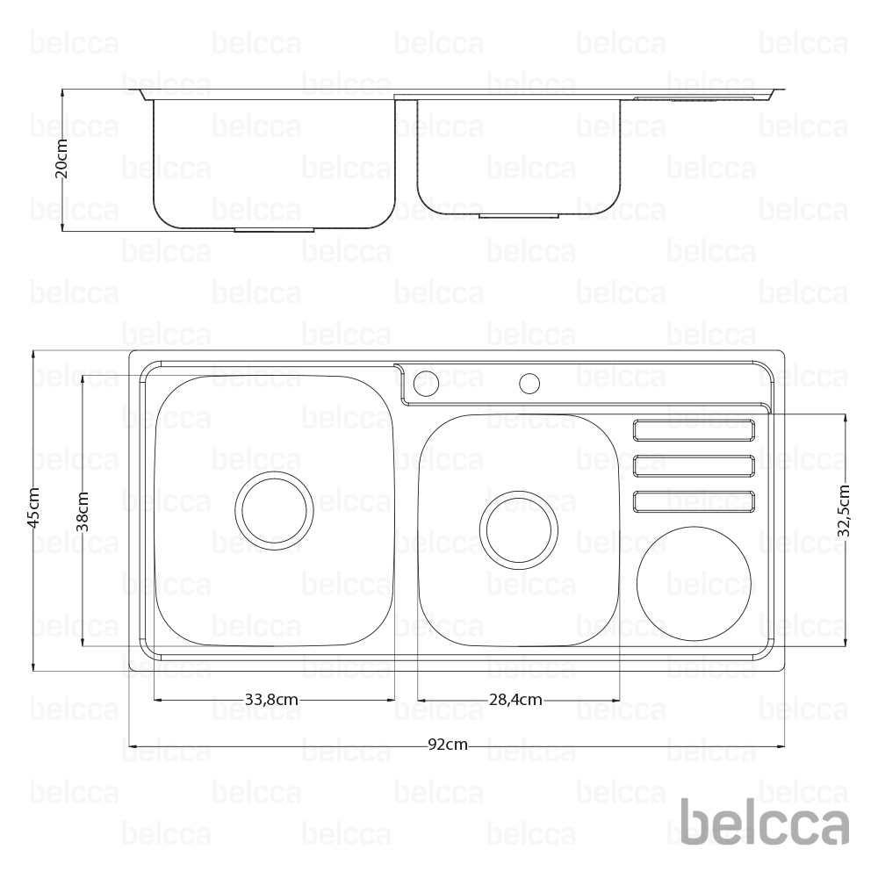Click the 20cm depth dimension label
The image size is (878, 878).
click(x=61, y=158)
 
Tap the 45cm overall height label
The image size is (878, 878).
click(x=33, y=507)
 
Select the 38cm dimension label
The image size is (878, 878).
click(x=83, y=511)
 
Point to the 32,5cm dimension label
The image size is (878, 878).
click(x=845, y=511)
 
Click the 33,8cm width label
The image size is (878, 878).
click(x=271, y=700)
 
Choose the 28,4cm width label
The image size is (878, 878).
click(x=515, y=700)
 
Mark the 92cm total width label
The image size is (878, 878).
click(x=448, y=745)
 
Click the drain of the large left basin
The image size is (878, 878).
click(x=274, y=510)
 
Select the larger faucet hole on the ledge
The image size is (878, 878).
click(x=427, y=383)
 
